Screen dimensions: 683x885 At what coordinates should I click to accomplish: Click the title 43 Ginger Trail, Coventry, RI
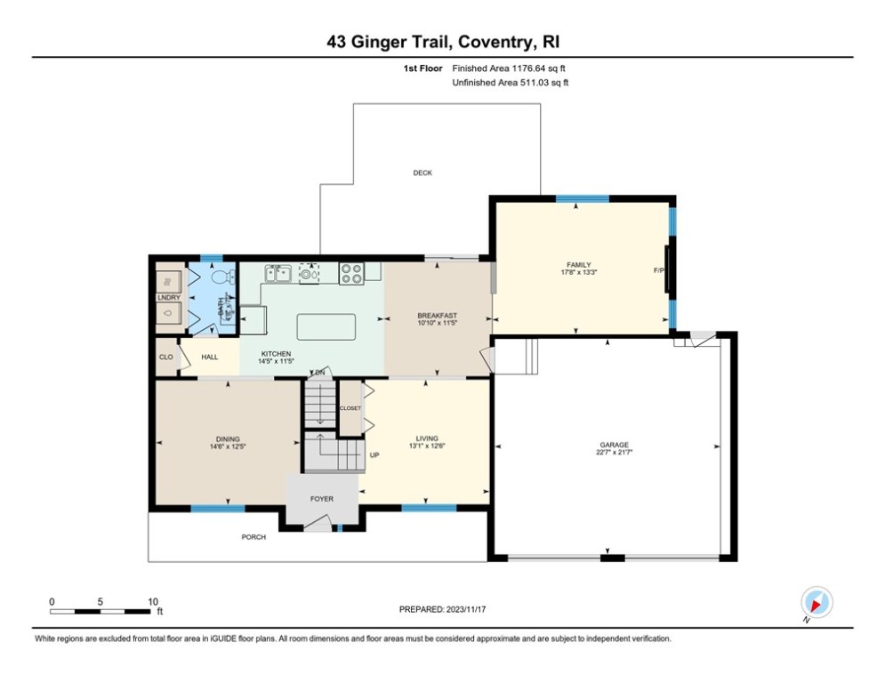coord(442,42)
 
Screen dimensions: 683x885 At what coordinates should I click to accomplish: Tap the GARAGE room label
coord(614,445)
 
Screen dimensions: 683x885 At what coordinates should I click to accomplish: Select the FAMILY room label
coord(579,265)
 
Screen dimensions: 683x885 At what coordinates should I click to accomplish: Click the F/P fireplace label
coord(659,269)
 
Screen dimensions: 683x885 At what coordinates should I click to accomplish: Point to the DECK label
coord(422,173)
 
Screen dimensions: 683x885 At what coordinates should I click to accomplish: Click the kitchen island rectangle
coord(326,326)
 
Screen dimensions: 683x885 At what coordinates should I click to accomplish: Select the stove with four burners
coord(351,273)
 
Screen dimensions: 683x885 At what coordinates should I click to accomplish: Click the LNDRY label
coord(167,297)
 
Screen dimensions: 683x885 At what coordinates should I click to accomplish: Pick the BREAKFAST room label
coord(437,316)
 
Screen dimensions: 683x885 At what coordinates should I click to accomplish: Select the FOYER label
coord(321,499)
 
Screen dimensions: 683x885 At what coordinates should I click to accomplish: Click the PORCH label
coord(253,537)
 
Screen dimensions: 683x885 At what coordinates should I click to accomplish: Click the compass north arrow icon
coord(815,602)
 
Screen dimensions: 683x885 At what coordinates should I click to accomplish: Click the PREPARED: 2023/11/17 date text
coord(442,609)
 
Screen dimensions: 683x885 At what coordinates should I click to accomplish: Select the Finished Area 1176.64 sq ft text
coord(509,68)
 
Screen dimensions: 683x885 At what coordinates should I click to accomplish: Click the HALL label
coord(209,357)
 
